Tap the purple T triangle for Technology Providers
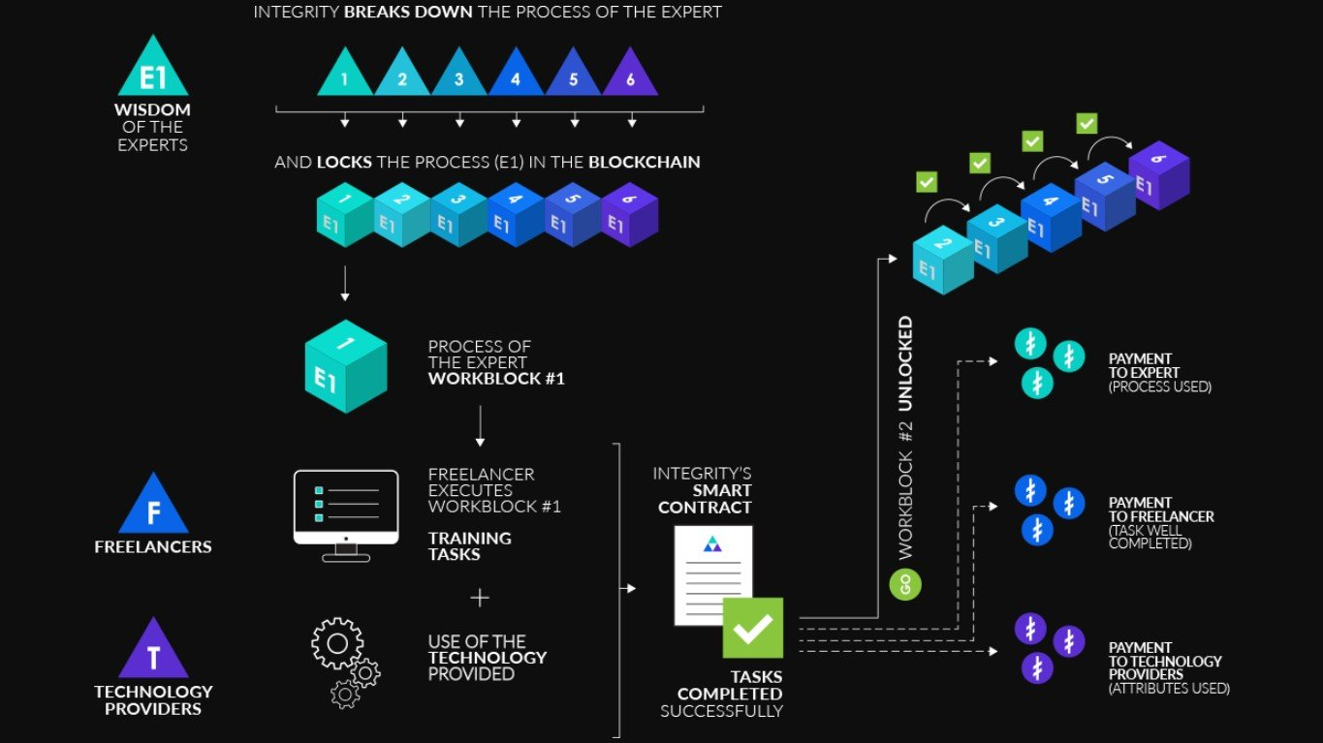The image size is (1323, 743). pos(153,653)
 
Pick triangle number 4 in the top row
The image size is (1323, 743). pos(516,76)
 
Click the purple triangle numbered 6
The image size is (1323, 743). pos(630,76)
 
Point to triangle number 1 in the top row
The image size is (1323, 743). pos(345,76)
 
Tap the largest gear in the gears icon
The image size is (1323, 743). pos(337,643)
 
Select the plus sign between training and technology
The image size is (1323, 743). pos(480,598)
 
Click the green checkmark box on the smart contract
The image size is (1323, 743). pos(752,628)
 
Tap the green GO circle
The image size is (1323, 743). pos(905,585)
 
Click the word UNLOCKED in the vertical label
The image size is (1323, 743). pos(905,364)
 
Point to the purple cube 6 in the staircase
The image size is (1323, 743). pos(1158,175)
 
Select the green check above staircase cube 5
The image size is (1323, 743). pos(1087,124)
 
